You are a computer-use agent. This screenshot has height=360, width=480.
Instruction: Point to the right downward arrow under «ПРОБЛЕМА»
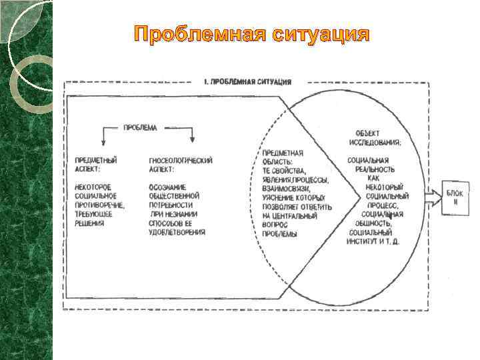click(192, 135)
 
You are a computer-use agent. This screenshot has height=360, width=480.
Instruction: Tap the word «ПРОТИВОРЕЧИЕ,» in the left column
click(100, 205)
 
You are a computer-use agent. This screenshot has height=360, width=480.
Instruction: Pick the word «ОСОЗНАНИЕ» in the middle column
click(167, 187)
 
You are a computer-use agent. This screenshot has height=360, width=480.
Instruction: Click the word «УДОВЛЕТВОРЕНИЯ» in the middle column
click(177, 233)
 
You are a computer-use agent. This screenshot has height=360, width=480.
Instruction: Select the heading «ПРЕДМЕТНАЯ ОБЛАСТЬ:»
click(282, 157)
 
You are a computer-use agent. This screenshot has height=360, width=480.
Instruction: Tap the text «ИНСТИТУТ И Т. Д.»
click(375, 241)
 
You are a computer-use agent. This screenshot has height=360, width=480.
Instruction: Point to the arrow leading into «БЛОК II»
click(434, 197)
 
